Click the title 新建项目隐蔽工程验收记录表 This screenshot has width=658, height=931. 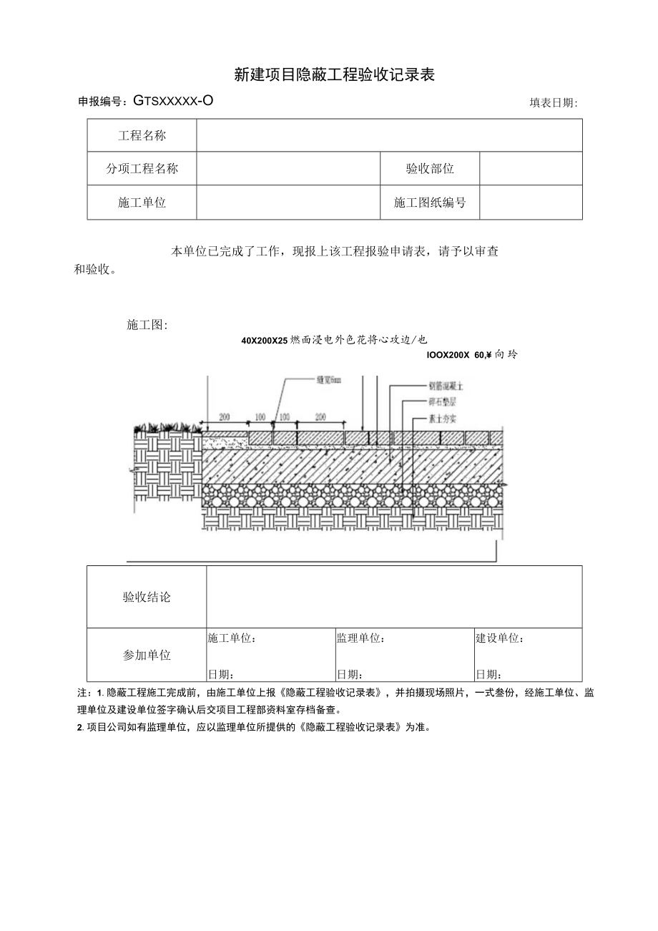click(x=335, y=74)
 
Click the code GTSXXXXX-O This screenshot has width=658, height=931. click(x=172, y=101)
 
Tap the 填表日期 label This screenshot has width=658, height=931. click(x=553, y=103)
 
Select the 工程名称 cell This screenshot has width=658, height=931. click(x=142, y=136)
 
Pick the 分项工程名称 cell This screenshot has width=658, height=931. click(x=142, y=169)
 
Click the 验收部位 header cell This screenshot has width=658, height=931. click(x=430, y=169)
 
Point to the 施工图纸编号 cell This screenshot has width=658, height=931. click(x=430, y=203)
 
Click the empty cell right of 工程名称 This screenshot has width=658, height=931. click(x=389, y=136)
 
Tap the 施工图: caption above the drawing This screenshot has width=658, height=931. click(x=147, y=325)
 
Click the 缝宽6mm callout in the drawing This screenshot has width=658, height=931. click(x=330, y=379)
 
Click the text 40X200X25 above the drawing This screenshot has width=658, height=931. click(x=264, y=341)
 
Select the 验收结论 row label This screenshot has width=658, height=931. click(x=147, y=598)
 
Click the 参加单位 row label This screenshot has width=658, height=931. click(x=147, y=655)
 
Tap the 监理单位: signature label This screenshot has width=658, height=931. click(x=360, y=638)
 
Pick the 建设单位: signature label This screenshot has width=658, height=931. click(x=500, y=638)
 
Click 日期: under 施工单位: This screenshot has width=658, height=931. click(x=221, y=674)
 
